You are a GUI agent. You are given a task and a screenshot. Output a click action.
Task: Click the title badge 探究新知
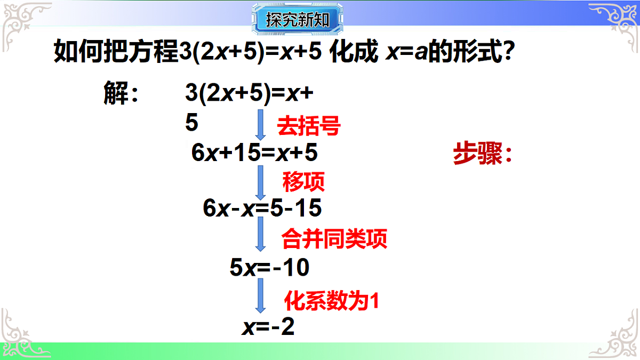coord(297,21)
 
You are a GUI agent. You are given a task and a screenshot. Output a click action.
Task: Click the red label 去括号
coord(308,127)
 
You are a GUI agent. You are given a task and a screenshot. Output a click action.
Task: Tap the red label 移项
coord(303,182)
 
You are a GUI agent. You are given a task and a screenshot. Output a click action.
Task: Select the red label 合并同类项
coord(334,239)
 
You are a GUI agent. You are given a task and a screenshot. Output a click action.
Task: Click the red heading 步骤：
coord(482,155)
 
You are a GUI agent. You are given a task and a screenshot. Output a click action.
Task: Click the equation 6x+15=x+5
coord(254,154)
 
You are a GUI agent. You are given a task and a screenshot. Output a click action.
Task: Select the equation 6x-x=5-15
coord(262,208)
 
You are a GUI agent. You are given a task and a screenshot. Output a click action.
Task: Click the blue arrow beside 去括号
coord(260,124)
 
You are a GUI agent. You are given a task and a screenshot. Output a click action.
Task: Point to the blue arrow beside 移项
coord(260,181)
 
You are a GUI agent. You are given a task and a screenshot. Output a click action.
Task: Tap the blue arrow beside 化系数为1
coord(260,295)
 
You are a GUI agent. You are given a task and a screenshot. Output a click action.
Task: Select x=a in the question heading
coord(407,53)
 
